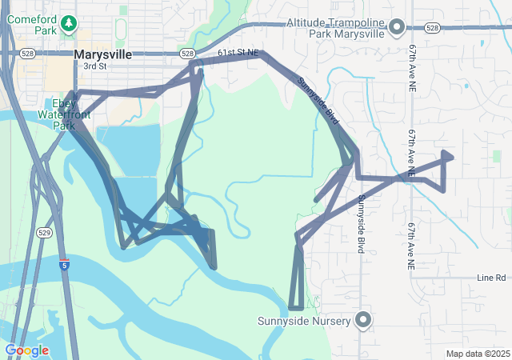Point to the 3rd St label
[94, 66]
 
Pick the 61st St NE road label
[238, 52]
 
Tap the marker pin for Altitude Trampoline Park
[396, 29]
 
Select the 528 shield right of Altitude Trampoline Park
[433, 28]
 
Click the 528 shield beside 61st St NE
[187, 54]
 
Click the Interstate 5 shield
[64, 263]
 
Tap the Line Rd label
[491, 278]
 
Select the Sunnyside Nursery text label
[304, 322]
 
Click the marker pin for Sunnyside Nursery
[364, 321]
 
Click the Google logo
[26, 350]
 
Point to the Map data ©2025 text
[478, 354]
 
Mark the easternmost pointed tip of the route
[453, 156]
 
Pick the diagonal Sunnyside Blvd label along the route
[318, 102]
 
